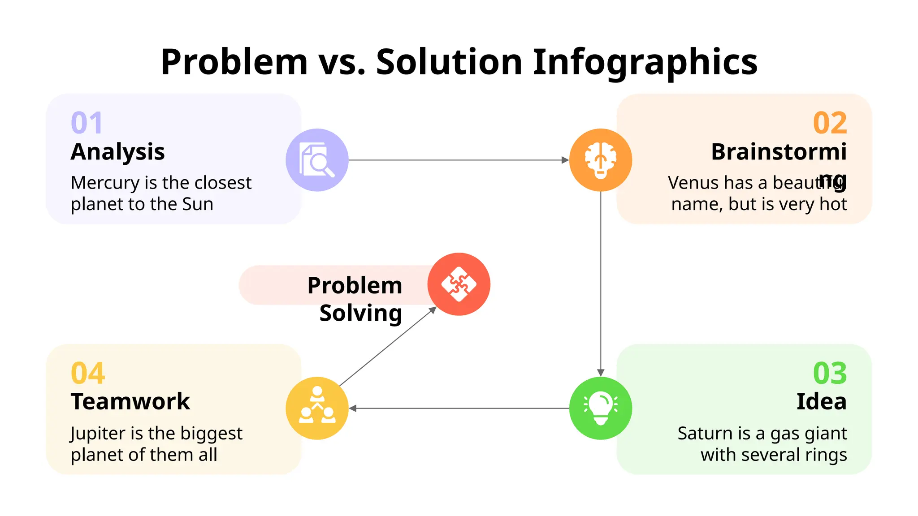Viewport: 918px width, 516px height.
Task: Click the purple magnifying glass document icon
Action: click(x=317, y=160)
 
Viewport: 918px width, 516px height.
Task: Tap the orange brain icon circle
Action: click(x=600, y=160)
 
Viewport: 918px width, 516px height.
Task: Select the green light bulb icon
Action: click(x=600, y=408)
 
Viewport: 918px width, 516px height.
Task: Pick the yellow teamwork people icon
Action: click(x=317, y=408)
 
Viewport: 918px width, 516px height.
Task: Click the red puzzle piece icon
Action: click(x=459, y=284)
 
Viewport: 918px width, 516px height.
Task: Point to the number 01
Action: click(x=87, y=123)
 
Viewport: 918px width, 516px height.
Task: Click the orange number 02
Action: click(x=830, y=123)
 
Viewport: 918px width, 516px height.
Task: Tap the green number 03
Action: click(x=830, y=373)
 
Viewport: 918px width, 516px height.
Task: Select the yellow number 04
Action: click(x=88, y=373)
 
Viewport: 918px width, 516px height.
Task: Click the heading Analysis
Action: click(x=118, y=151)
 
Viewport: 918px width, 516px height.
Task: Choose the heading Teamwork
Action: click(x=130, y=401)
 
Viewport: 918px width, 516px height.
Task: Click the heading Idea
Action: click(x=821, y=401)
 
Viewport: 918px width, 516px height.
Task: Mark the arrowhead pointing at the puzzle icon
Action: click(x=433, y=310)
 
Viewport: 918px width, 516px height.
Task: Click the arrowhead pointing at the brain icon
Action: click(x=565, y=160)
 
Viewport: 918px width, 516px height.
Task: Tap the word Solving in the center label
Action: click(x=360, y=313)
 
